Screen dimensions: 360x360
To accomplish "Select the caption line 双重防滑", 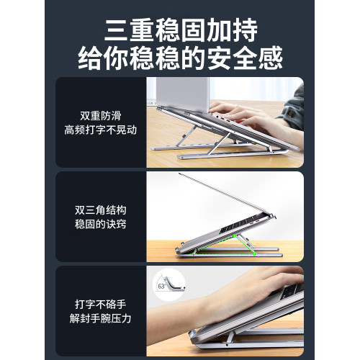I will click(102, 115).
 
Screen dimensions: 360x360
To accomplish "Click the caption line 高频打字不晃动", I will click(102, 131).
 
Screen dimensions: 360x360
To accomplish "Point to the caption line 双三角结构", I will click(102, 210).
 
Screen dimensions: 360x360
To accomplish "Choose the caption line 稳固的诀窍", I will click(102, 226).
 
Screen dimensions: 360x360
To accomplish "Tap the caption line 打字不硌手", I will click(102, 304).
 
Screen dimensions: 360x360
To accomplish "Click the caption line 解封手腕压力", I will click(102, 320).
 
